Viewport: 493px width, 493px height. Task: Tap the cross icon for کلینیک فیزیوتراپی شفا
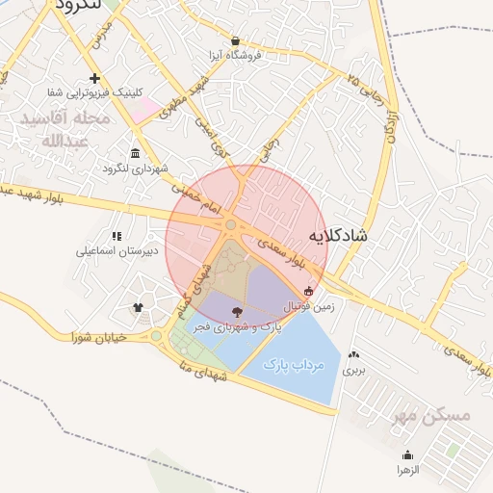point(94,78)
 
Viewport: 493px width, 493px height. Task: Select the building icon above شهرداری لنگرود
point(134,154)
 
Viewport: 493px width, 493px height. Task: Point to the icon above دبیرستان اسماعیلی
point(117,236)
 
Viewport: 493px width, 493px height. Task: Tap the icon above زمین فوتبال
point(308,291)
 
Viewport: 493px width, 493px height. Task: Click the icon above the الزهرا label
point(407,455)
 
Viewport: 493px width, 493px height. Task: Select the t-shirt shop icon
point(138,308)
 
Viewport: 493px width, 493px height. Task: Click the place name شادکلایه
point(339,234)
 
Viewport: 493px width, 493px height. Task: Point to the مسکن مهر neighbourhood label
point(433,416)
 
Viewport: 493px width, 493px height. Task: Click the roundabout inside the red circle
point(231,225)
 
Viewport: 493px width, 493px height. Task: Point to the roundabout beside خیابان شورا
point(156,336)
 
